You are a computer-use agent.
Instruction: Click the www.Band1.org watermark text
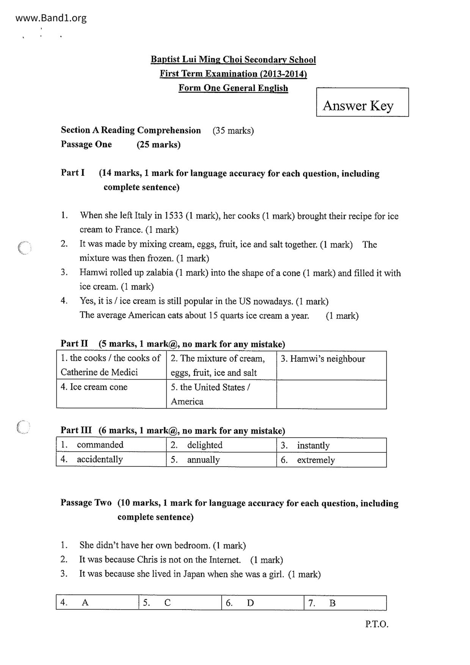tap(51, 18)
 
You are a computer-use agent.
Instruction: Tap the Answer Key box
tap(362, 102)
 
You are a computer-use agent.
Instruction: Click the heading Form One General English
tap(233, 88)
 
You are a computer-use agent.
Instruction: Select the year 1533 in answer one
tap(173, 216)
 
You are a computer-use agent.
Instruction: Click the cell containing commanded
tap(111, 445)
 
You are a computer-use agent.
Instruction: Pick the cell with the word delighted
tap(221, 445)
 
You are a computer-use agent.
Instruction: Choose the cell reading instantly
tap(331, 445)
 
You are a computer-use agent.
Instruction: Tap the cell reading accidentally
tap(111, 460)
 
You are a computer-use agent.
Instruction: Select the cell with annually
tap(221, 460)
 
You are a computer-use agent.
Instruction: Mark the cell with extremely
tap(331, 460)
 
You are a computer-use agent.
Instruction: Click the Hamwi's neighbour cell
tap(331, 365)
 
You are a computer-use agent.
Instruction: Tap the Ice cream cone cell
tap(111, 394)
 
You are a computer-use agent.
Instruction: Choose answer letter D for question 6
tap(251, 603)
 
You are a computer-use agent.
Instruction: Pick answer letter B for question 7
tap(332, 603)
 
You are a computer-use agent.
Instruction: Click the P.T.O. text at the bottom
tap(377, 624)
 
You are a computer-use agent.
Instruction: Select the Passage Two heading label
tap(86, 503)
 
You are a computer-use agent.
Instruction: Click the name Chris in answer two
tap(147, 560)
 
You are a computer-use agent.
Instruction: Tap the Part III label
tap(76, 430)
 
